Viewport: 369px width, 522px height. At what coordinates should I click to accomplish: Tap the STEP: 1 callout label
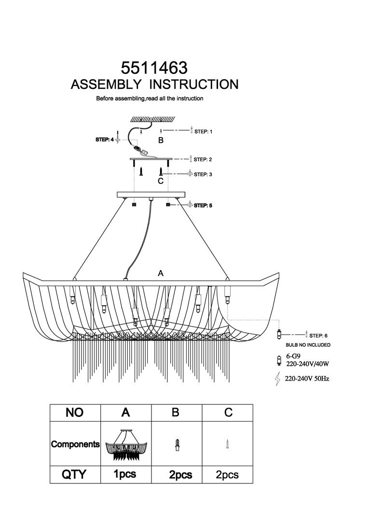(x=203, y=131)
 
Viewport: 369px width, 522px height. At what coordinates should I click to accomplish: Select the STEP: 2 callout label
(x=203, y=159)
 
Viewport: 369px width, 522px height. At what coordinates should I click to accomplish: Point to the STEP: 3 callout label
(x=203, y=175)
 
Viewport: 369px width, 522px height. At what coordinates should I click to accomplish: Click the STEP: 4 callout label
(x=104, y=139)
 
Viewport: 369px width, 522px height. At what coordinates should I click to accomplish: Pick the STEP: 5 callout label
(x=203, y=206)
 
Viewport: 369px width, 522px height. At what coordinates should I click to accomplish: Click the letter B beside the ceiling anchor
(x=161, y=140)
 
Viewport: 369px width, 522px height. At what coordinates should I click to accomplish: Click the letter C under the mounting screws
(x=161, y=181)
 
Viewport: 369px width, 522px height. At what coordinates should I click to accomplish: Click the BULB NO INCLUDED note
(x=308, y=345)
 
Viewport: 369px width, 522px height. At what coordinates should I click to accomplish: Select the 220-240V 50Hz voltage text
(x=307, y=379)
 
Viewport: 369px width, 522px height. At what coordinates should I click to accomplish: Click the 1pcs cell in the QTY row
(x=125, y=475)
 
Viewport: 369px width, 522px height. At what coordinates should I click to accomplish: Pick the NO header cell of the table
(x=75, y=412)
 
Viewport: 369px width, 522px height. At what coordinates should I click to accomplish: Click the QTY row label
(x=74, y=475)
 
